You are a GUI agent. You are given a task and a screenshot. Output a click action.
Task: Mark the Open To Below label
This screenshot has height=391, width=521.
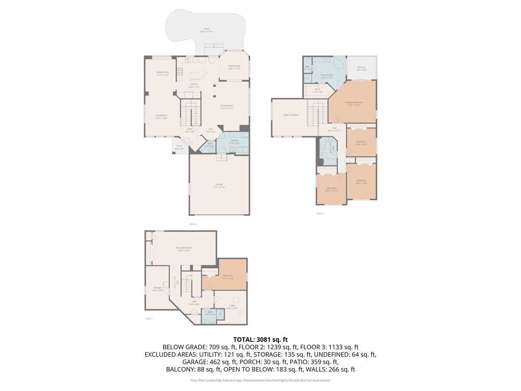click(291, 115)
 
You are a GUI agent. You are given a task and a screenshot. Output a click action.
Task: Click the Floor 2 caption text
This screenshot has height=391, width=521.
click(193, 224)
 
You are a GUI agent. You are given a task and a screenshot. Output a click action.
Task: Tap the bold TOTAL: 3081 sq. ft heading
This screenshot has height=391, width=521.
click(260, 339)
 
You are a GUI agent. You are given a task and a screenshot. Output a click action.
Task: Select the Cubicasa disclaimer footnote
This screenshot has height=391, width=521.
click(260, 380)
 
